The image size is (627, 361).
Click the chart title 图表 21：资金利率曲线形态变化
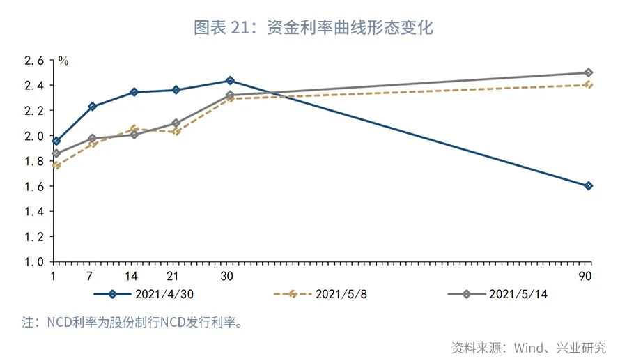313,27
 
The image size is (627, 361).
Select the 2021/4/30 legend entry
144,294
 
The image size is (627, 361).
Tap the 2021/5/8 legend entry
320,294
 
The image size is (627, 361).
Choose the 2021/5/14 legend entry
497,294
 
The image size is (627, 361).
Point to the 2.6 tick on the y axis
34,61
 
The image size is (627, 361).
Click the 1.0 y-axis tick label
34,262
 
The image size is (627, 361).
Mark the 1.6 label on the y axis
34,186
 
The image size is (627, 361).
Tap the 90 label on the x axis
585,276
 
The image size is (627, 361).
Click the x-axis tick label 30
226,276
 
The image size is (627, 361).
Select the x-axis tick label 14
131,276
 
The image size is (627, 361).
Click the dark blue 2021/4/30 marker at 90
588,185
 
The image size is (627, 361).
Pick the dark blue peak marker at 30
230,81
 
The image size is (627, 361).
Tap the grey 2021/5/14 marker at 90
588,73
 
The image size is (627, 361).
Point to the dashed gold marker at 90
588,84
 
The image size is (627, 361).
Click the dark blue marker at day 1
56,141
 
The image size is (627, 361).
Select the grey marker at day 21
176,123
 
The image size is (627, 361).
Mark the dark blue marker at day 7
93,107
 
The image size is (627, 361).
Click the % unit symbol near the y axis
63,61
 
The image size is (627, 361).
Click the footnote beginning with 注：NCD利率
133,322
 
